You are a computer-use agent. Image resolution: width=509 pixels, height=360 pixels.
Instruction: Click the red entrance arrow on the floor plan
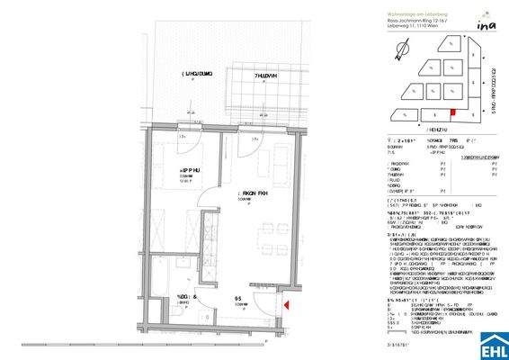[x=287, y=306]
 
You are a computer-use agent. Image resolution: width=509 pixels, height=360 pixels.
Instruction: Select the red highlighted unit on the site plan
[x=452, y=112]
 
